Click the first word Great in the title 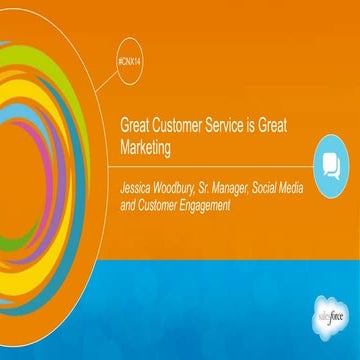(x=135, y=128)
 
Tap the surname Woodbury (x=187, y=185)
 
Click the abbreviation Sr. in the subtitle (x=224, y=185)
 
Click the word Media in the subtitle (x=331, y=185)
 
